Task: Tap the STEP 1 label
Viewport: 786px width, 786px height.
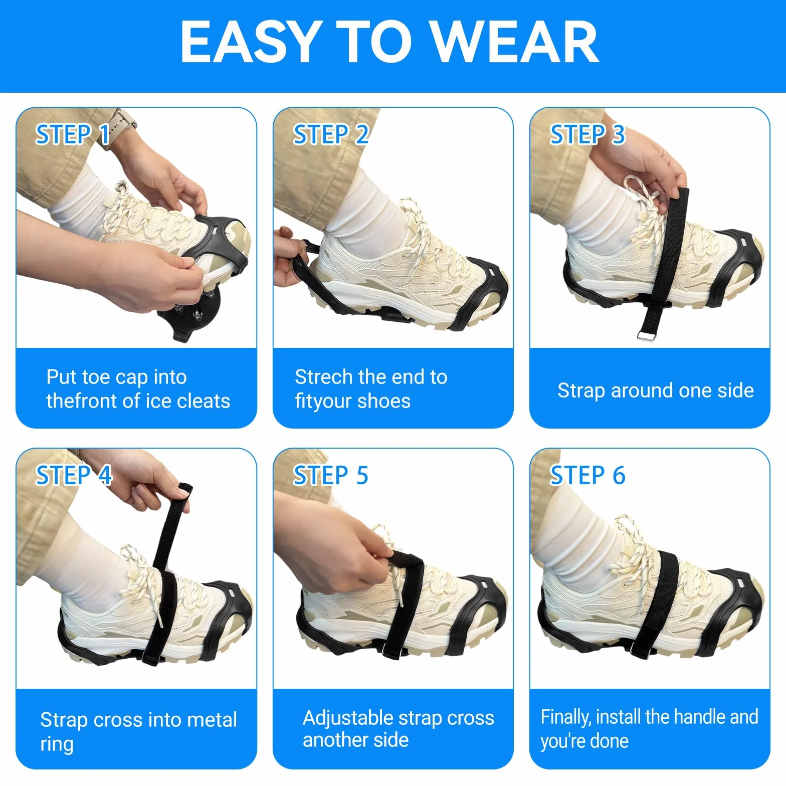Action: [x=73, y=134]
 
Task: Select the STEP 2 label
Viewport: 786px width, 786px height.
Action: [x=331, y=134]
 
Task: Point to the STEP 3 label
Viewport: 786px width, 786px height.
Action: [x=587, y=134]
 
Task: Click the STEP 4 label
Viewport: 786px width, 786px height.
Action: [x=74, y=475]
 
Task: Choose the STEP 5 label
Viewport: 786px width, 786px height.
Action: [x=331, y=475]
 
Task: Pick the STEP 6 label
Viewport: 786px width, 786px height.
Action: [x=587, y=475]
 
